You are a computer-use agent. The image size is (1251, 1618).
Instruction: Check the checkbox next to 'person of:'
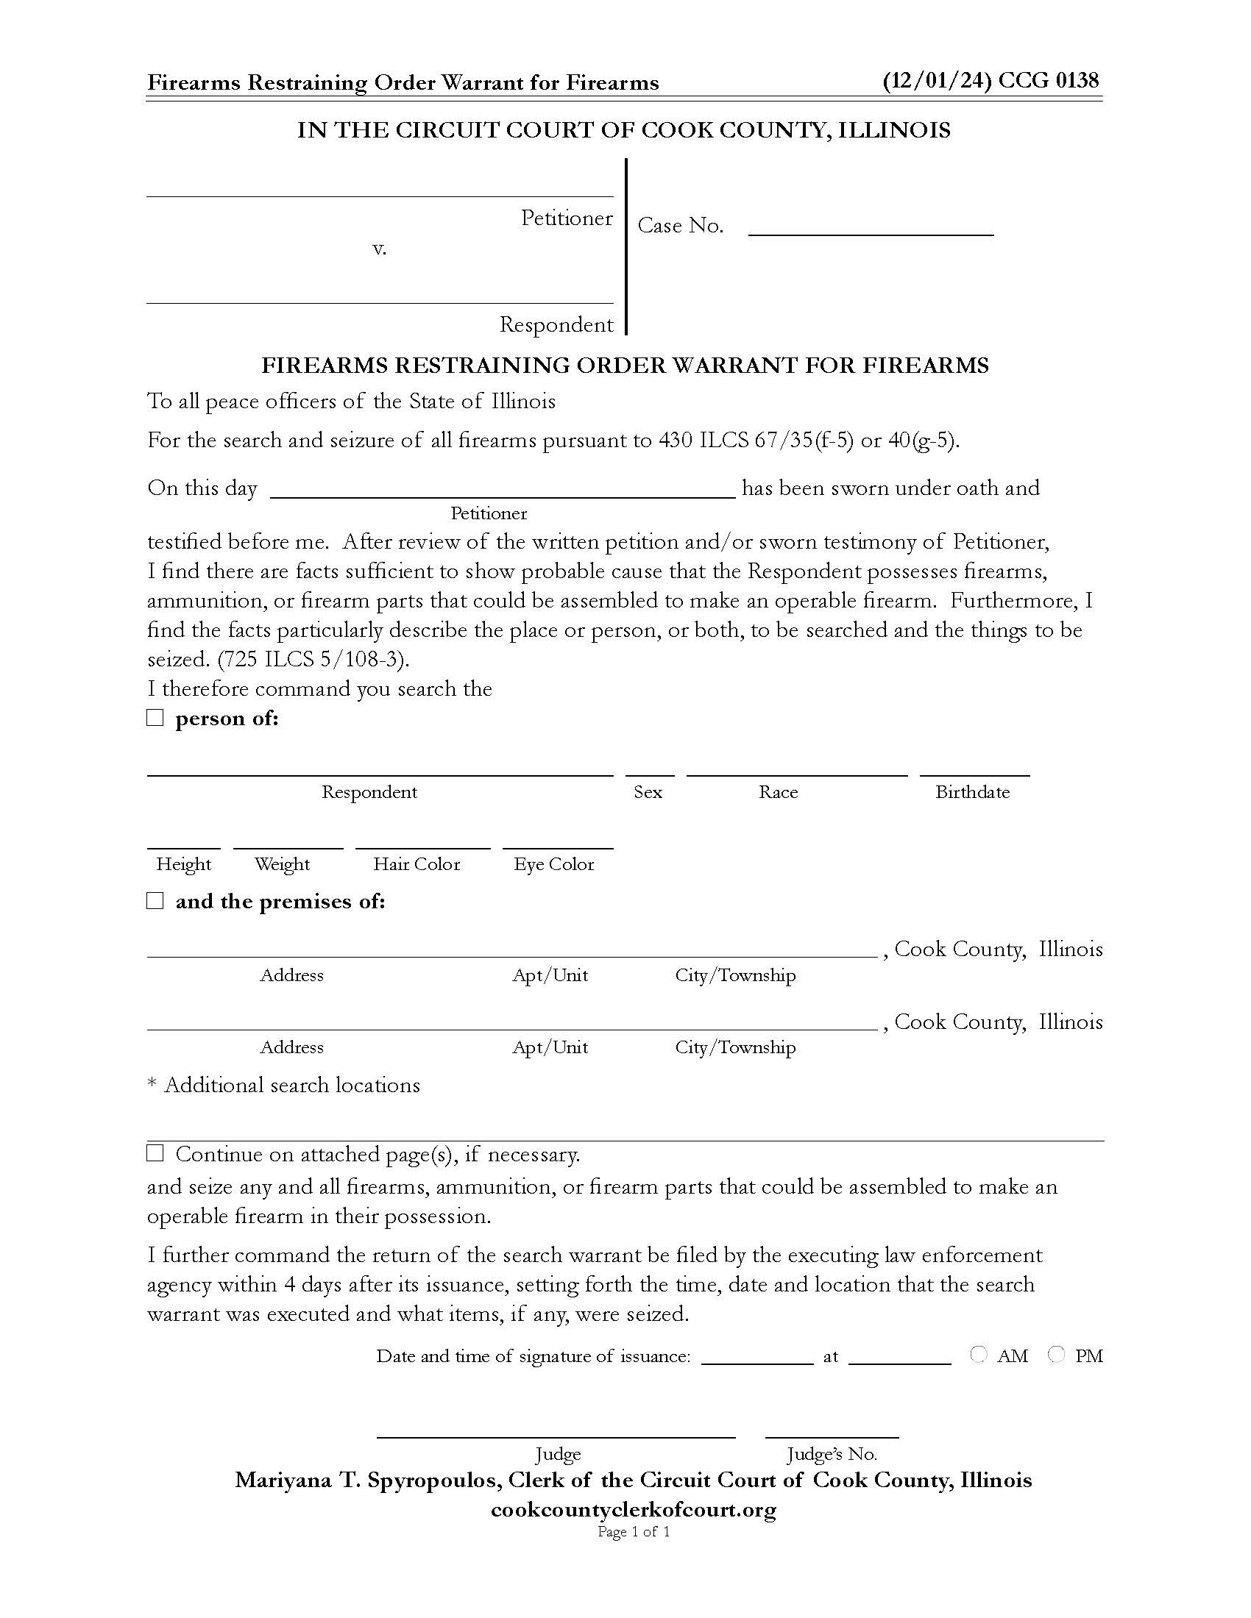155,718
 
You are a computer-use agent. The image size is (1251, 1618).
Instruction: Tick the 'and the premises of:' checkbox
155,901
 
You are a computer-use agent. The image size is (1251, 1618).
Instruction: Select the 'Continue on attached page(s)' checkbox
155,1153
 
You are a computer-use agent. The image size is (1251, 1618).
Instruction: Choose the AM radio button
978,1355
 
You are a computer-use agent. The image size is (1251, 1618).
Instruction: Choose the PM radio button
1057,1355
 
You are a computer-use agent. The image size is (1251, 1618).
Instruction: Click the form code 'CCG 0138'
1048,81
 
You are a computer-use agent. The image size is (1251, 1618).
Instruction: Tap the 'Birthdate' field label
971,792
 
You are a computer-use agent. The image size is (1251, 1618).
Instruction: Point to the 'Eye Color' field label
553,865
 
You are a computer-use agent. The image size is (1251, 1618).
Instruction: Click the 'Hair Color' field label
417,865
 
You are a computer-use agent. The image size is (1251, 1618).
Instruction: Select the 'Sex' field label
648,792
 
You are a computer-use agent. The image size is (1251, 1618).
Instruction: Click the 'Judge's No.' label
831,1454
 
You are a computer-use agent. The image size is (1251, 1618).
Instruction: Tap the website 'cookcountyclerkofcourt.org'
633,1509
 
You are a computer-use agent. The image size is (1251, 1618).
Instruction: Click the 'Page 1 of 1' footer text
634,1531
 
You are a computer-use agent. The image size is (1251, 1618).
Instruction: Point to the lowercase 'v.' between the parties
379,249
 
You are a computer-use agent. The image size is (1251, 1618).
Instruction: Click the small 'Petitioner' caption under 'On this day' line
489,513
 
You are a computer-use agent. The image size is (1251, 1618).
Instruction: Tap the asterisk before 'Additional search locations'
152,1086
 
